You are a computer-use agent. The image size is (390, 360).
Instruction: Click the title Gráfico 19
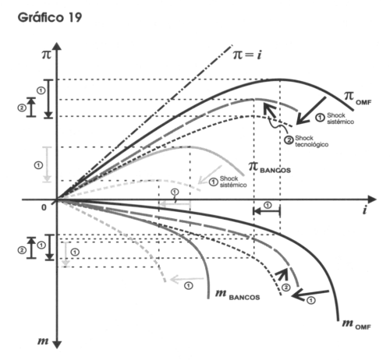point(50,18)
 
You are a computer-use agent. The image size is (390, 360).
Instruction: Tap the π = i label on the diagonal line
point(247,55)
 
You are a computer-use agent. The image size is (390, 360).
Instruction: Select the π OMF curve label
point(358,98)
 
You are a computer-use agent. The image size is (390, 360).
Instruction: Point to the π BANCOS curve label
point(269,168)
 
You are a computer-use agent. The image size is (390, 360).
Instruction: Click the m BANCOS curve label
point(238,295)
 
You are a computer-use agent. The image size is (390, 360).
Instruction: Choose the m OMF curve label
point(356,325)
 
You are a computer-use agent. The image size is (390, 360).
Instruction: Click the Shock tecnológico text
point(311,141)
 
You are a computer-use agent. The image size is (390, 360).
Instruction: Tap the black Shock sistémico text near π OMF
point(340,118)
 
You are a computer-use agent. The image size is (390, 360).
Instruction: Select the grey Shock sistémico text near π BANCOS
point(233,182)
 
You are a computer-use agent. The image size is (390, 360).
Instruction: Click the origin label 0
point(44,207)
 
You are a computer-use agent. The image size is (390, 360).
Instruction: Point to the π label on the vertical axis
point(47,55)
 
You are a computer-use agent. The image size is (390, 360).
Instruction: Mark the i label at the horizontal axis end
point(365,210)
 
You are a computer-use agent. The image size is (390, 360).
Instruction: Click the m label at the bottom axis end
point(43,341)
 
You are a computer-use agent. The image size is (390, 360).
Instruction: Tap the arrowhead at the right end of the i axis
point(372,199)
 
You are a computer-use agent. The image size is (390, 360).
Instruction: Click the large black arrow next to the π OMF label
point(311,111)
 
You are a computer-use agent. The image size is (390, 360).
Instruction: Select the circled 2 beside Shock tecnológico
point(289,140)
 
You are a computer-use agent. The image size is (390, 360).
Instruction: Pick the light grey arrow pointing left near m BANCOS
point(186,280)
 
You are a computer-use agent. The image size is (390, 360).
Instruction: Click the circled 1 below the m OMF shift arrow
point(311,301)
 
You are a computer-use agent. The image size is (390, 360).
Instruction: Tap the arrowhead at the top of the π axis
point(57,46)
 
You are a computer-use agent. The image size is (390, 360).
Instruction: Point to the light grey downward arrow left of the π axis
point(47,164)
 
